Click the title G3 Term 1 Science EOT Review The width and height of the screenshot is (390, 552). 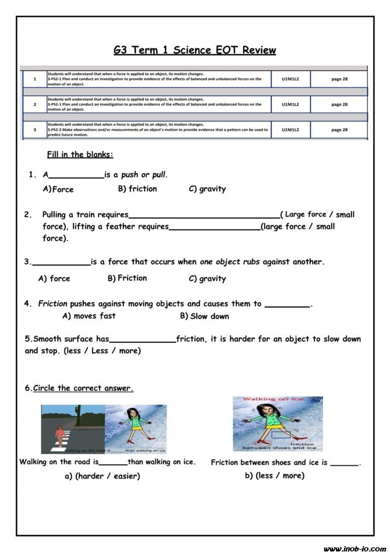click(x=194, y=50)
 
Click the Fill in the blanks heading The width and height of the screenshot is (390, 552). click(x=80, y=155)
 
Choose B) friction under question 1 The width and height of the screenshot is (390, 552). click(x=137, y=189)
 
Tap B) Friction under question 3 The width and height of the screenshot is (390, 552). click(x=127, y=278)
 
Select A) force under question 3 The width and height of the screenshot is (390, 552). click(x=54, y=279)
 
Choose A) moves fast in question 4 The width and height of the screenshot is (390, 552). click(x=89, y=316)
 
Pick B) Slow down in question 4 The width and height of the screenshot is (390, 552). click(x=204, y=316)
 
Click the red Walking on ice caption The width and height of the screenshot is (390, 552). click(x=266, y=399)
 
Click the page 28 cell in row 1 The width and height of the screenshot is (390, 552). click(x=339, y=79)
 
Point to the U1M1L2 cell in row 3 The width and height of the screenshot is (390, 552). click(x=290, y=130)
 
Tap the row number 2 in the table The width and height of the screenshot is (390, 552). click(x=35, y=105)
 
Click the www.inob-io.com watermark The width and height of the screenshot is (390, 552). click(x=354, y=548)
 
